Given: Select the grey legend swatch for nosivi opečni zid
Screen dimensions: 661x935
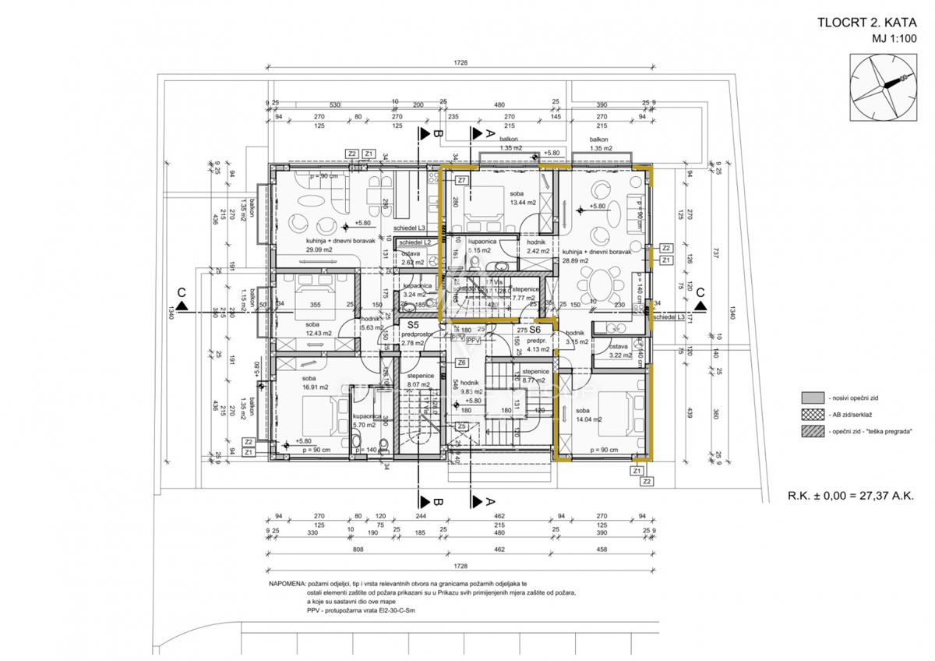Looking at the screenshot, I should pos(813,397).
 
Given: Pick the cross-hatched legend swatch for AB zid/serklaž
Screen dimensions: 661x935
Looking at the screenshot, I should pos(813,414).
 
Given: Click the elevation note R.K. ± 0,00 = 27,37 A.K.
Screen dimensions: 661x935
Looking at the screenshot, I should pos(851,494).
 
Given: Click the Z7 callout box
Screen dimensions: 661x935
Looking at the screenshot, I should pos(461,181).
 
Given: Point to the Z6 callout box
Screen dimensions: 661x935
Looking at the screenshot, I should pos(461,362).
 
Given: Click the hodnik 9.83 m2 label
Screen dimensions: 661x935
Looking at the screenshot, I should pos(471,387).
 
